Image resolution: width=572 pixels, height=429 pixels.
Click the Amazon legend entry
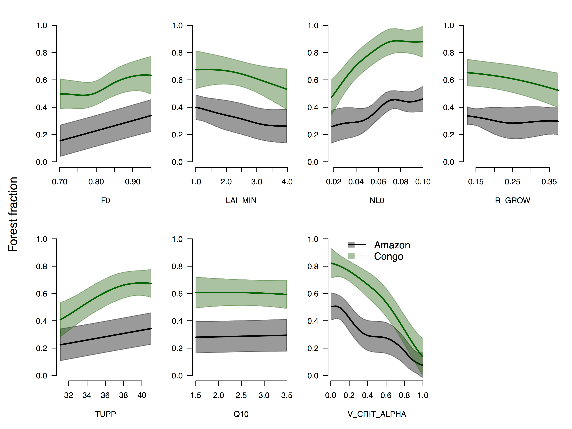click(392, 245)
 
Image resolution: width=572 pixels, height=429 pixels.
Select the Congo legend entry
click(388, 256)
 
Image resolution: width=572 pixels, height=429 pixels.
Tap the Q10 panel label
click(241, 414)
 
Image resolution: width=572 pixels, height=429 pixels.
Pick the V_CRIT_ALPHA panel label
click(377, 414)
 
